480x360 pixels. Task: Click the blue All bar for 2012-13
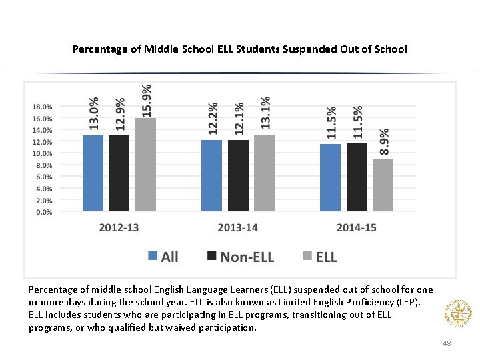click(93, 173)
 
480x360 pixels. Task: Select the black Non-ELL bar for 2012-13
click(119, 173)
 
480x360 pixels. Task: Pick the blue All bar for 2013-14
click(211, 176)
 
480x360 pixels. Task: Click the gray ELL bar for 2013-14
click(264, 173)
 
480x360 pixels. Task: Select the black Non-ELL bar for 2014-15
click(357, 178)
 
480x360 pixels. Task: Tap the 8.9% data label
click(385, 142)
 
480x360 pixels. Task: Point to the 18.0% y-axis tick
click(42, 107)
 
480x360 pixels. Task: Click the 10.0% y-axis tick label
click(42, 153)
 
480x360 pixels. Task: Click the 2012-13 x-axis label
click(119, 228)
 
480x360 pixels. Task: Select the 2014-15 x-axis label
click(356, 228)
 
